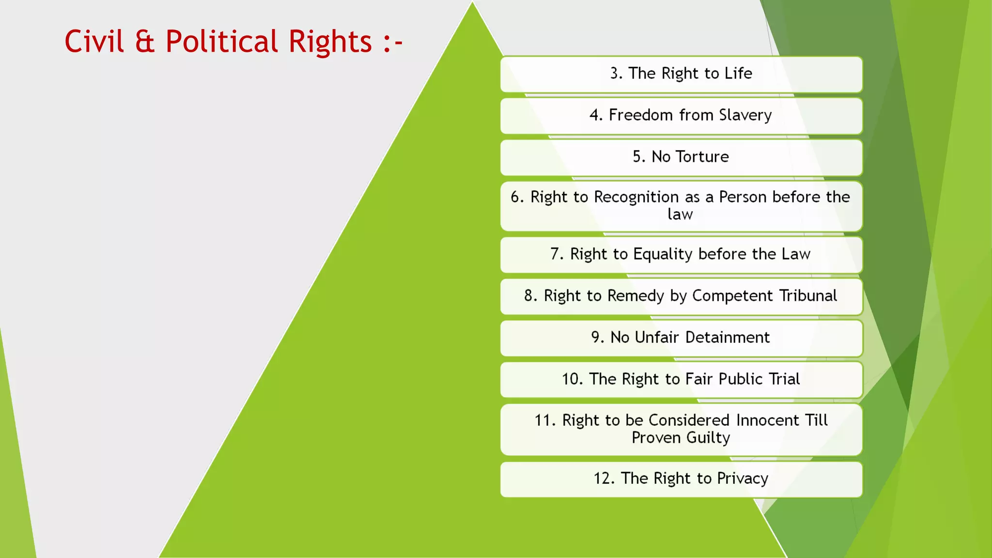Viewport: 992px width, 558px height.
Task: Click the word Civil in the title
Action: point(94,41)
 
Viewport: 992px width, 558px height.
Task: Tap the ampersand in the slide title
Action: point(145,41)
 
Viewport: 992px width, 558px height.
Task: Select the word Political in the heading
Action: point(221,41)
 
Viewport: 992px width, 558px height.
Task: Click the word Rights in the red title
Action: point(330,41)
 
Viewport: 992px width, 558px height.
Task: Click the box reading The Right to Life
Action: point(681,74)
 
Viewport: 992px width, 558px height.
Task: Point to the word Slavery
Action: point(745,115)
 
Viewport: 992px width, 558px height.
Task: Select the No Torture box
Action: point(681,157)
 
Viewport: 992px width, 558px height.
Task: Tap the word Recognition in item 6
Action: point(636,197)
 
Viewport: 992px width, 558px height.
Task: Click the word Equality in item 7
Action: point(663,254)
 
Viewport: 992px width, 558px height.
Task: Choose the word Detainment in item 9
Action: point(727,337)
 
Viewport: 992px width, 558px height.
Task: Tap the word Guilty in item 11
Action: point(708,438)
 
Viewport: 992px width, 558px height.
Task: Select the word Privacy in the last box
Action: point(743,479)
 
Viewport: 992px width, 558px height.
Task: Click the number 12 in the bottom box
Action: point(604,479)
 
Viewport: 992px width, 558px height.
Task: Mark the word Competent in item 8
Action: point(732,295)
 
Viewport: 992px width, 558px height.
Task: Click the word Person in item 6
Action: point(743,197)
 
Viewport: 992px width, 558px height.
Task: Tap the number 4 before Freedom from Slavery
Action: point(595,115)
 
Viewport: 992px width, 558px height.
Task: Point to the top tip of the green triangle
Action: point(472,3)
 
